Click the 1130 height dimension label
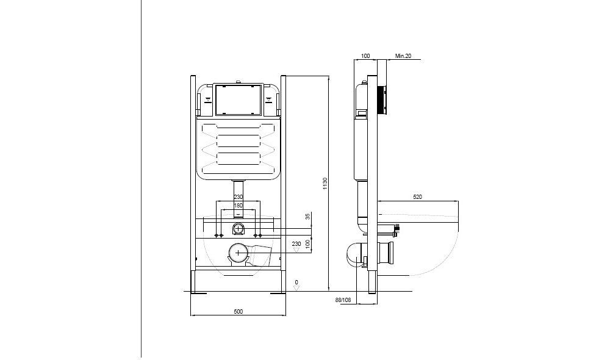tap(326, 183)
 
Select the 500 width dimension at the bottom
tap(239, 312)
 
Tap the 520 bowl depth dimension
tap(418, 197)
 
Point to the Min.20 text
tap(403, 56)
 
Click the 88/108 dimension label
tap(343, 300)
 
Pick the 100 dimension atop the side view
tap(365, 56)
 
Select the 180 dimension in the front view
tap(239, 206)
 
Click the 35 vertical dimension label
tap(308, 216)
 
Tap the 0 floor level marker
tap(296, 282)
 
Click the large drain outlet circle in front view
tap(238, 252)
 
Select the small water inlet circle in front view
tap(239, 229)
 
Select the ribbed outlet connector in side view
tap(387, 251)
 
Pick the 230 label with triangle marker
tap(297, 244)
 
